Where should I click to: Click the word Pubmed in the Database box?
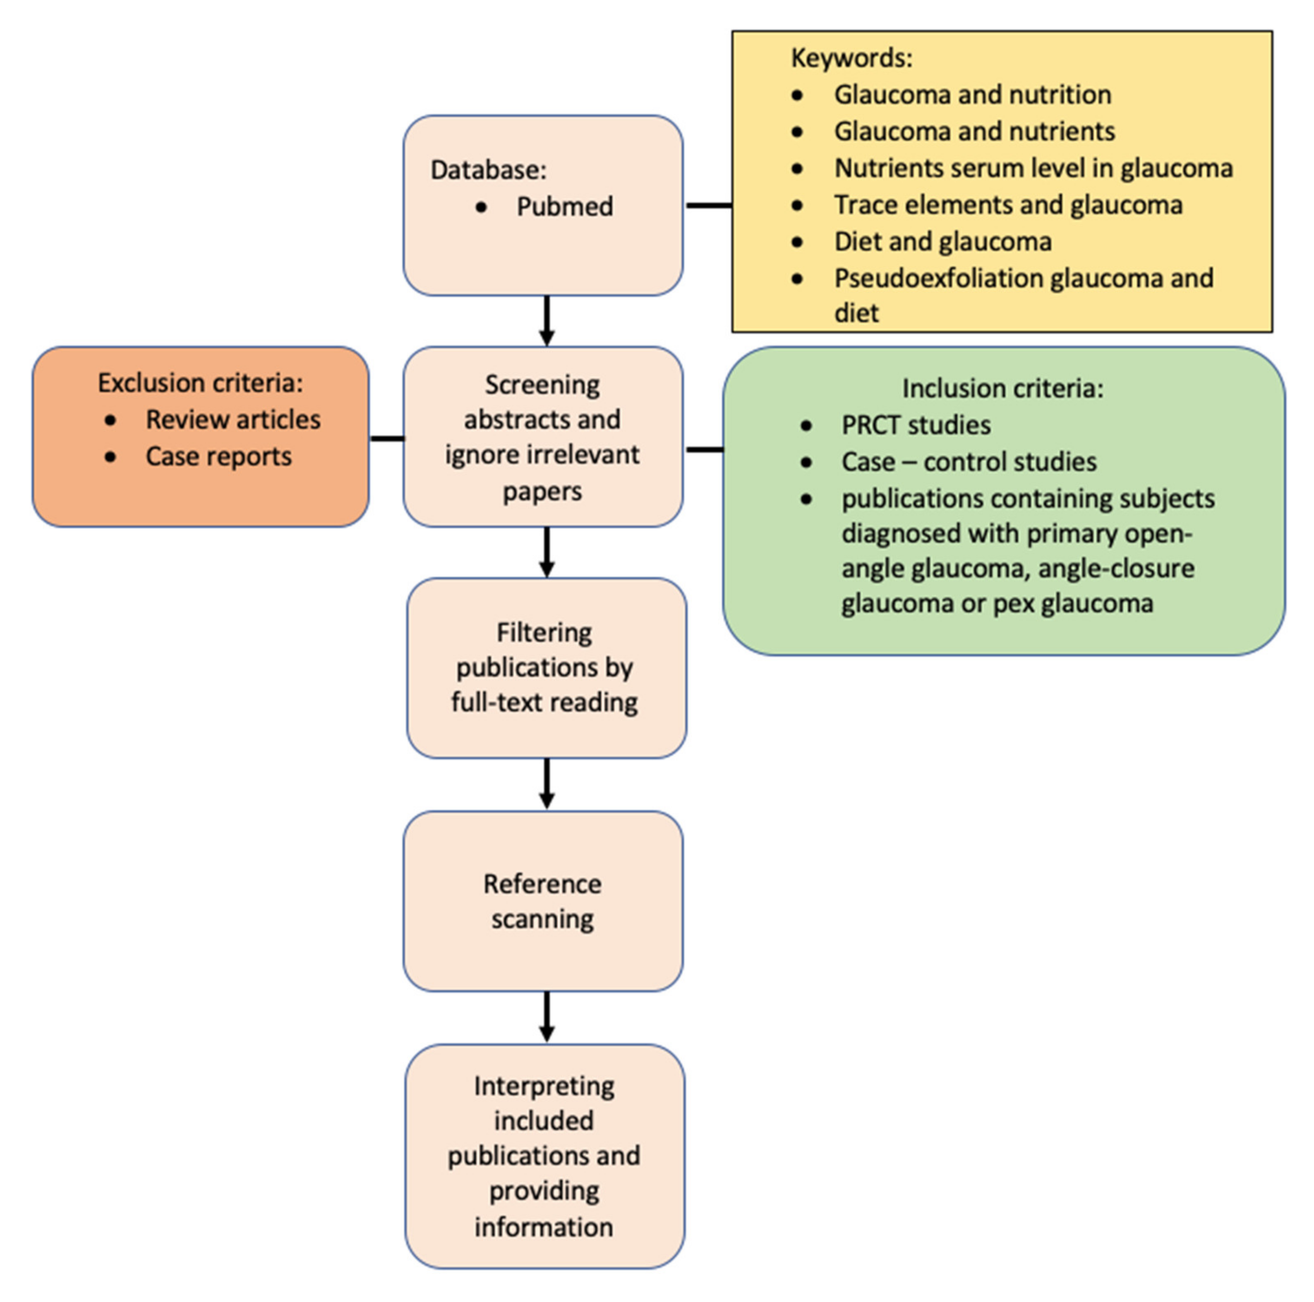(x=564, y=206)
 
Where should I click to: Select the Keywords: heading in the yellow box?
(x=851, y=58)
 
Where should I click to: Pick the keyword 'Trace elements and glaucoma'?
(x=1008, y=205)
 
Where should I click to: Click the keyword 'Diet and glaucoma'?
(x=942, y=242)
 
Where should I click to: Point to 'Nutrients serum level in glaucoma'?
(x=1033, y=168)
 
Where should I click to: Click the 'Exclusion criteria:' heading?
(x=200, y=383)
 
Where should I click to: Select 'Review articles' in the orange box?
(x=233, y=419)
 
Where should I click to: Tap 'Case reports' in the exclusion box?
(x=218, y=456)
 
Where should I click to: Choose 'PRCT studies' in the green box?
(x=916, y=425)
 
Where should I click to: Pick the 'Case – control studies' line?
(x=969, y=462)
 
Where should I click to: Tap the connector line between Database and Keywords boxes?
(x=707, y=205)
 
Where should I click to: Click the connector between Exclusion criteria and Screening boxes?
(x=386, y=438)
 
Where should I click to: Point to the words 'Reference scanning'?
(x=542, y=901)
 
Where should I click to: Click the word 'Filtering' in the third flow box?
(x=544, y=632)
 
